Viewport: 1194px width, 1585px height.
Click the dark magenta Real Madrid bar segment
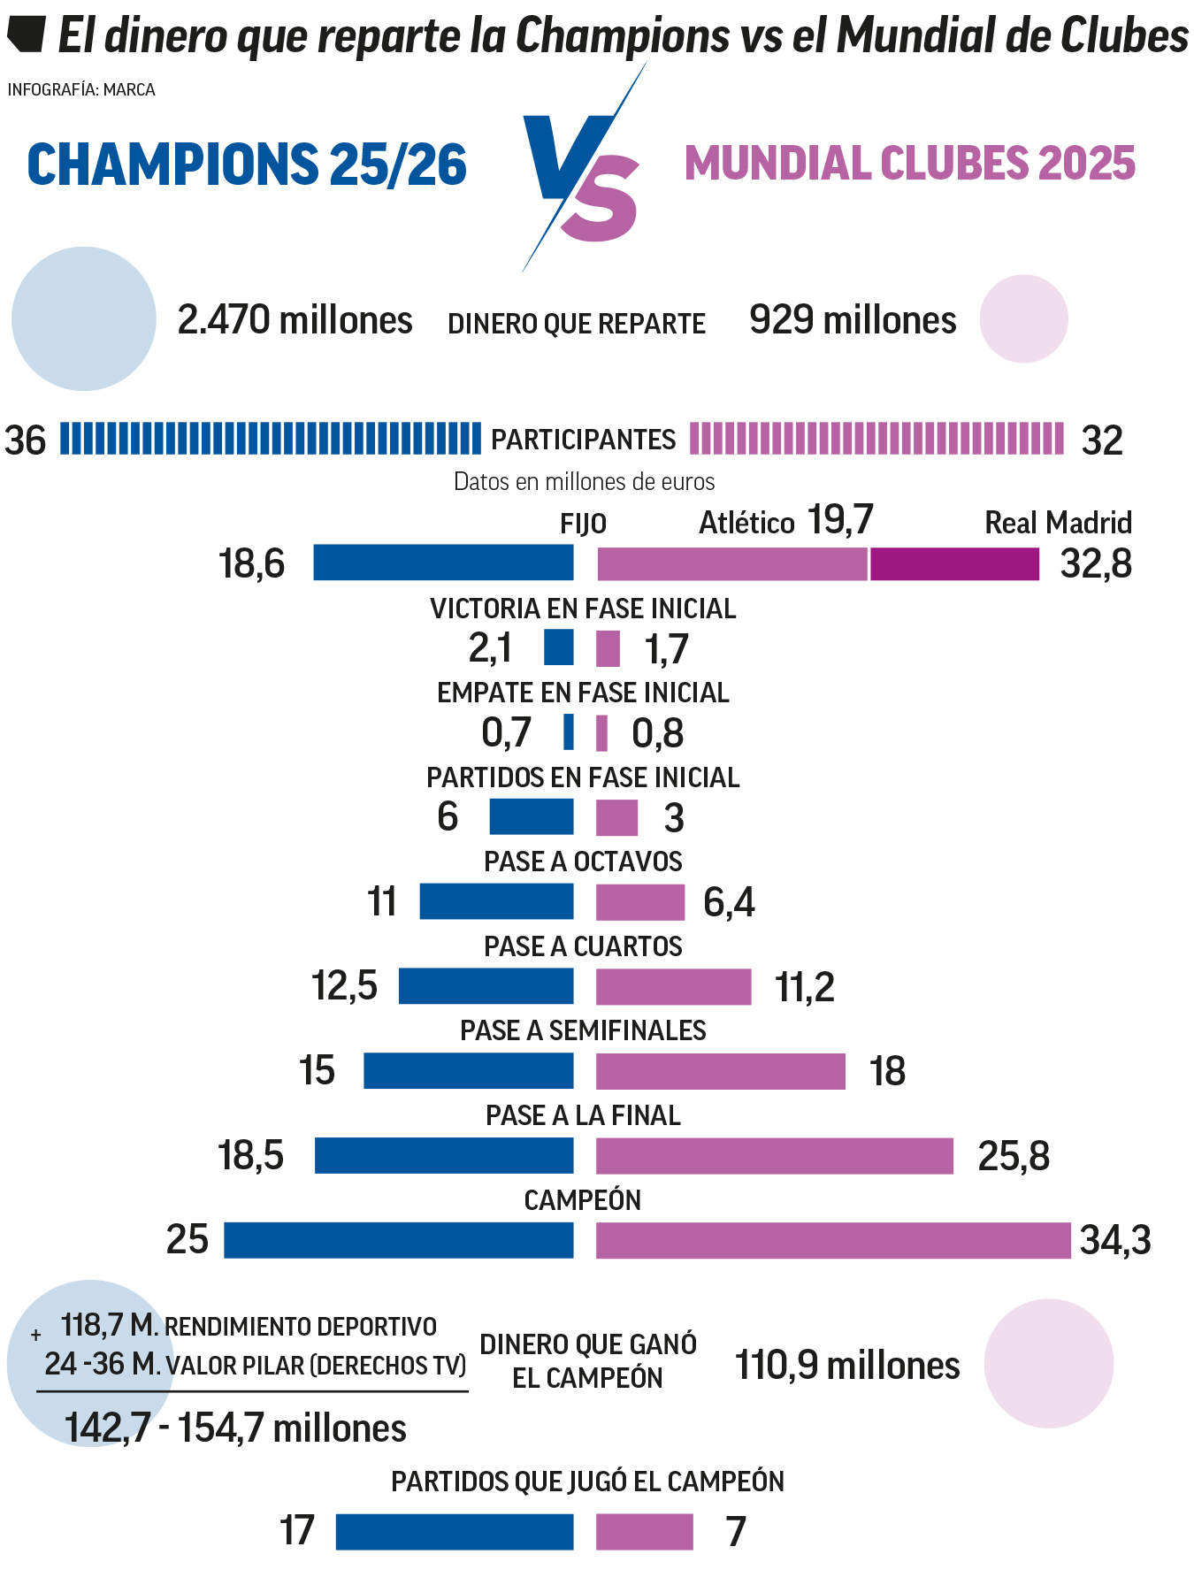coord(954,563)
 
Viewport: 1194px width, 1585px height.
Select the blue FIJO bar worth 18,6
coord(443,563)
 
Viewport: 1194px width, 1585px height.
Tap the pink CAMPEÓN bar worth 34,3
coord(832,1240)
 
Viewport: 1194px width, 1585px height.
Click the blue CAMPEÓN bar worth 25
coord(398,1240)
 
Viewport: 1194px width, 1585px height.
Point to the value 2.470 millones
coord(295,320)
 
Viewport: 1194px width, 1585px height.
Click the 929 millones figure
coord(853,320)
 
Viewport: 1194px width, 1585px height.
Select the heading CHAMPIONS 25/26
coord(247,165)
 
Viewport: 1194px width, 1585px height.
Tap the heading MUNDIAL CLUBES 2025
coord(910,164)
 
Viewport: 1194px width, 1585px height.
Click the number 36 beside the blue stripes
coord(26,440)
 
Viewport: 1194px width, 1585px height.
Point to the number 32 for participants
coord(1102,440)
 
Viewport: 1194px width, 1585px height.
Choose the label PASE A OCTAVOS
coord(583,861)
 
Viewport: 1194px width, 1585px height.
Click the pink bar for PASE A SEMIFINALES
coord(720,1071)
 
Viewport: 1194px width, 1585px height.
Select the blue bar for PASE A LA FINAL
coord(444,1155)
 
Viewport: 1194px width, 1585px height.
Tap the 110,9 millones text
coord(847,1366)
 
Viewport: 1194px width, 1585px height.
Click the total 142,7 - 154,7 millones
coord(235,1428)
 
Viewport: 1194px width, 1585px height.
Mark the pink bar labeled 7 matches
coord(644,1532)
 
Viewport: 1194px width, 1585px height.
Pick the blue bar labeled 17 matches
coord(455,1532)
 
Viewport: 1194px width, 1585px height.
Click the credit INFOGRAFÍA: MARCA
coord(81,90)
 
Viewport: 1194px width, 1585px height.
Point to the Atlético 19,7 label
coord(785,521)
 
